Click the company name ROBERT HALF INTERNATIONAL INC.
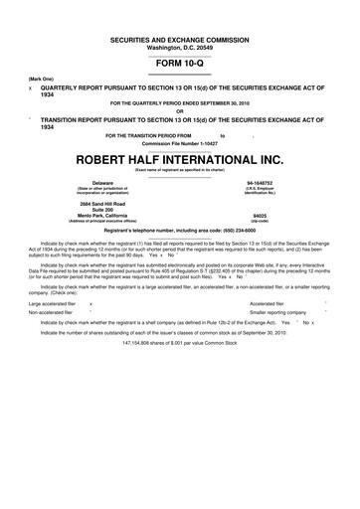(179, 159)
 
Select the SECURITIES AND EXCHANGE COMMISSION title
(179, 37)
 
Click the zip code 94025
(260, 216)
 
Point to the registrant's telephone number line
(179, 231)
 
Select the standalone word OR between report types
(180, 109)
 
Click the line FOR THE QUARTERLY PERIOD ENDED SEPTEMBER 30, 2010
(180, 102)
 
